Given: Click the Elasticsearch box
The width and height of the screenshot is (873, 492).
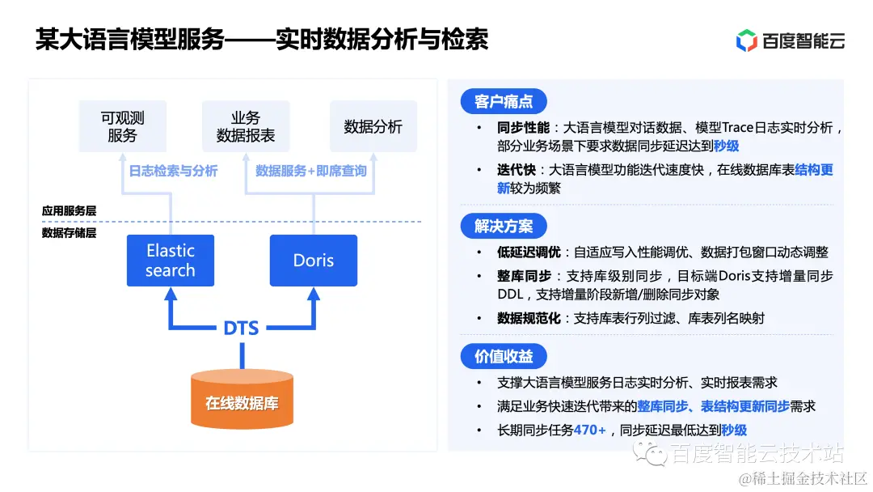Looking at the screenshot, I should point(171,261).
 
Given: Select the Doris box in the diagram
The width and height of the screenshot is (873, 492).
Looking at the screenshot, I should point(314,261).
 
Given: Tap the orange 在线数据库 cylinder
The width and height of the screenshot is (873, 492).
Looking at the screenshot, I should point(242,400).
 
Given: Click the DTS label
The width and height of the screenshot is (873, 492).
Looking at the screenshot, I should point(241,328).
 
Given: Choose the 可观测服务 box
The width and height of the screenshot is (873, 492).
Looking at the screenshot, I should point(122,126).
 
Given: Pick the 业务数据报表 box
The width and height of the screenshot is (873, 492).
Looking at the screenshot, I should point(246,126).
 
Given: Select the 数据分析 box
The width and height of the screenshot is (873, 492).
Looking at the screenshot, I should point(373,126).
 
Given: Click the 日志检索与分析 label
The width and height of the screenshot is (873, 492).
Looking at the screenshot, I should point(173,171).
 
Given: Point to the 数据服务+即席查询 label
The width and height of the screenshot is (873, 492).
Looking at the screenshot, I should point(311,171).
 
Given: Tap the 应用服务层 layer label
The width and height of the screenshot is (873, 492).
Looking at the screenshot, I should point(70,210).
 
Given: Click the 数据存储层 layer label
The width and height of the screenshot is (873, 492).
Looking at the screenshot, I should point(70,233).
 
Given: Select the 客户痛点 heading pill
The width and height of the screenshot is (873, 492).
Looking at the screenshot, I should point(504,102).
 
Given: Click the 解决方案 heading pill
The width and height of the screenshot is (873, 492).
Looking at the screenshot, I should point(504,226).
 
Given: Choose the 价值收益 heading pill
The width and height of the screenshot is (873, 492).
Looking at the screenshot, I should point(504,356).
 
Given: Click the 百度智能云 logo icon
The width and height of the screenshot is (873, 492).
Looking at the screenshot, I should point(746,40).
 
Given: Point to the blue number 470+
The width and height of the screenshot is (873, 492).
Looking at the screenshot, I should point(589,430).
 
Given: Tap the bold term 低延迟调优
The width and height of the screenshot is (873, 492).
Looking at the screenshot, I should point(529,252).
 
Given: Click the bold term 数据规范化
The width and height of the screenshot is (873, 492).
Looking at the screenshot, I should point(529,318).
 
